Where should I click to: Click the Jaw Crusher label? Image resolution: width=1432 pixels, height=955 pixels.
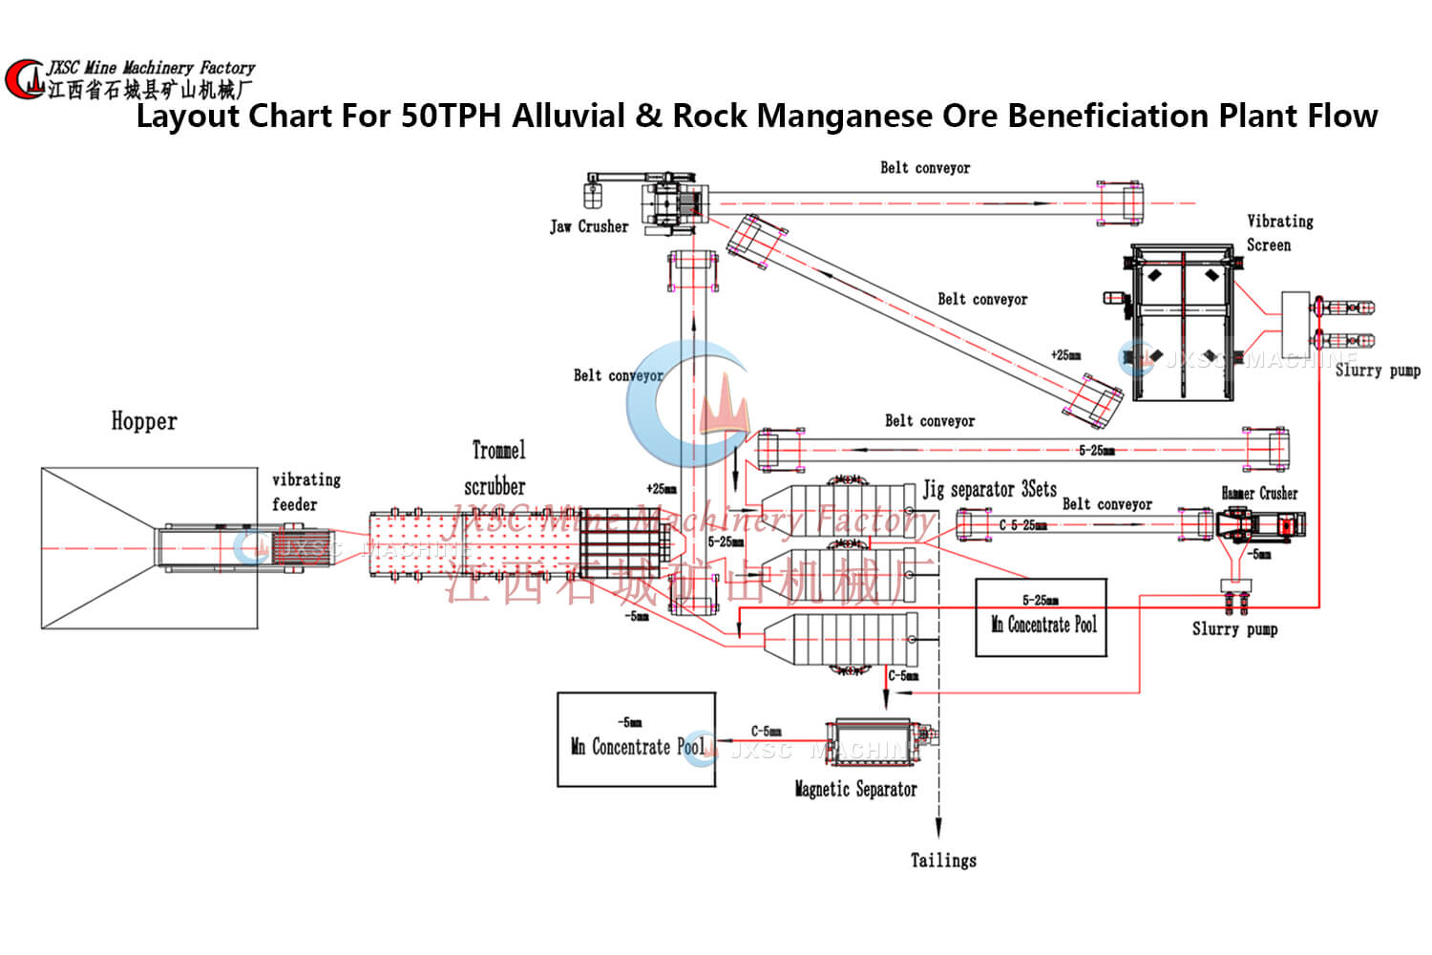pos(589,226)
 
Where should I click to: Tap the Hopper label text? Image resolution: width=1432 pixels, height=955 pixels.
pos(144,421)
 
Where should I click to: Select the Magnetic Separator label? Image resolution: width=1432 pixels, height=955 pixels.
pos(855,789)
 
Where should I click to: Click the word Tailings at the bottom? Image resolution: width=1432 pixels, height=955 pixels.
pos(943,860)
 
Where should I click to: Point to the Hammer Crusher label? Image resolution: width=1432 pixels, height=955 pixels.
pos(1259,493)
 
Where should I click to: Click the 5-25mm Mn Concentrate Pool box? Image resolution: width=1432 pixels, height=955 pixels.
pos(1041,618)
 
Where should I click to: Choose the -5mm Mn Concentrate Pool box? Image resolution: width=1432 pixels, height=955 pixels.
pos(636,740)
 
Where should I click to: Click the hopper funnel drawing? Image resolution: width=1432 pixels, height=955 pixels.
pos(149,548)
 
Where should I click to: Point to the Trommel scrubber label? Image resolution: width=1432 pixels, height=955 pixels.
pos(496,467)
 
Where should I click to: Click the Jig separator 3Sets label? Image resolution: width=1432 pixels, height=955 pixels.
pos(989,489)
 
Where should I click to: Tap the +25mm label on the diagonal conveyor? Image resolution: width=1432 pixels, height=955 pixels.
pos(1065,355)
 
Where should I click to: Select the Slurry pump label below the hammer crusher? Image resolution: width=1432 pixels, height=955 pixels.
pos(1234,628)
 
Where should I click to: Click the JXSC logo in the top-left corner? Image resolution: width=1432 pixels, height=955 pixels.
pos(24,79)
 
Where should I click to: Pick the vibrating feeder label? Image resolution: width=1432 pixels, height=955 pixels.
pos(305,491)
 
